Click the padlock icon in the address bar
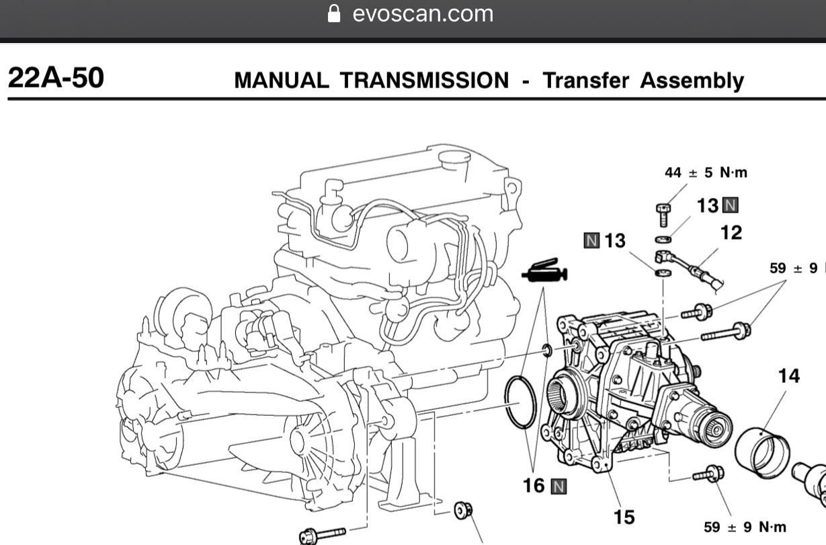coord(334,13)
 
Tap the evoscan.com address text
coord(422,13)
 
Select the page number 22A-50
coord(56,79)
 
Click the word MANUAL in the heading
coord(281,81)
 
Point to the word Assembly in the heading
coord(692,81)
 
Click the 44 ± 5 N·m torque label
coord(706,173)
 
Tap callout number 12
coord(731,233)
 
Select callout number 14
coord(788,376)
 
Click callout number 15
coord(624,517)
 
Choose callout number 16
coord(534,485)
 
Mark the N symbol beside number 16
coord(558,486)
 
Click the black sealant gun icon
coord(544,272)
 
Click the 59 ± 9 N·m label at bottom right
coord(745,527)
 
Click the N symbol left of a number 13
coord(591,241)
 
